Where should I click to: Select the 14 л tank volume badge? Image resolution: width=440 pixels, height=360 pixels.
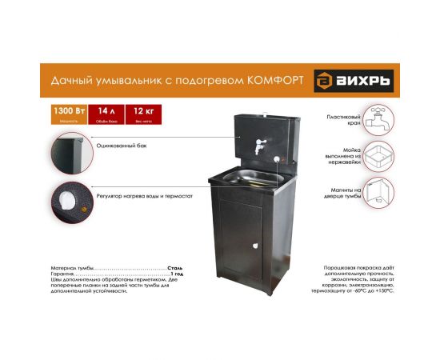[x=106, y=113]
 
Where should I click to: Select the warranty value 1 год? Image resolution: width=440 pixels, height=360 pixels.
[x=177, y=274]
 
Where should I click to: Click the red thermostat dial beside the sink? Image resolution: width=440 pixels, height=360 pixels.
[x=278, y=158]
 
